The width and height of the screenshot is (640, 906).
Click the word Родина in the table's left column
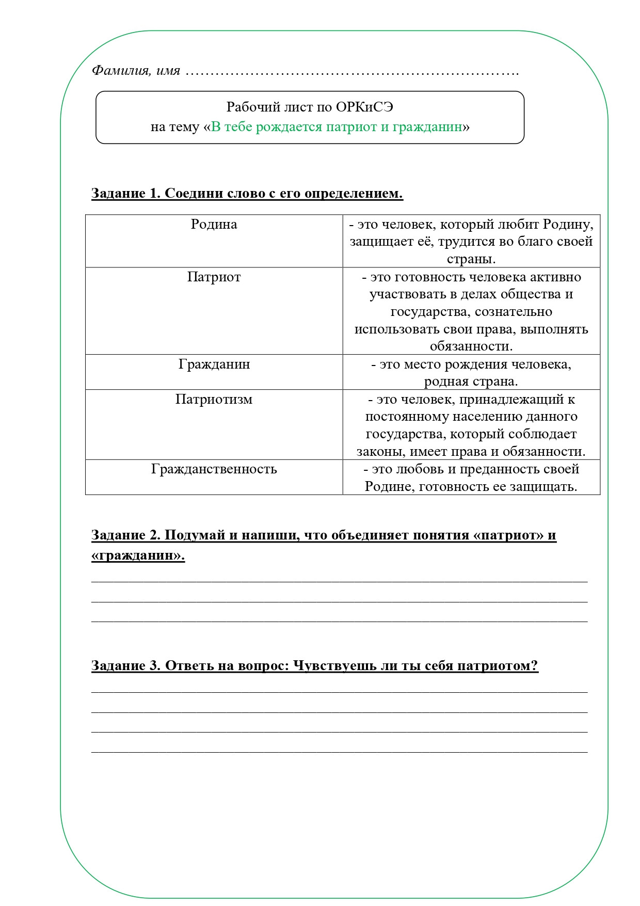coord(214,224)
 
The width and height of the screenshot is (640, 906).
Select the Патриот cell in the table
coord(214,277)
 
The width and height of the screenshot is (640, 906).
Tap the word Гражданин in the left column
coord(214,364)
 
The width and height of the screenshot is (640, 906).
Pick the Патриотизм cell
coord(214,400)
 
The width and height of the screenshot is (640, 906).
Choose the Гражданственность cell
coord(214,469)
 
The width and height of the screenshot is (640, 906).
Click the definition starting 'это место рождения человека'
coord(471,373)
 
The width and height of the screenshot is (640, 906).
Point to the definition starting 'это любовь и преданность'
coord(471,478)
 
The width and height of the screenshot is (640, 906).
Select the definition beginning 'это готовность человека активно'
coord(471,311)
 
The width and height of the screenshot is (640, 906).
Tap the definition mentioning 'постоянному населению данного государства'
coord(471,425)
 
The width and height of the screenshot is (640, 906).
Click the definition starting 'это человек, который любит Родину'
coord(471,241)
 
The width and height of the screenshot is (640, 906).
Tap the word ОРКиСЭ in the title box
coord(364,107)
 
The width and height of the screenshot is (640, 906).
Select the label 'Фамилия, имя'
coord(136,70)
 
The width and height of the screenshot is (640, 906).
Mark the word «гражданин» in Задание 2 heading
coord(138,556)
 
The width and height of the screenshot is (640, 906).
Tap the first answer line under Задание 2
coord(339,581)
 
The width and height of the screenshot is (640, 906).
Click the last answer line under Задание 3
coord(339,752)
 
